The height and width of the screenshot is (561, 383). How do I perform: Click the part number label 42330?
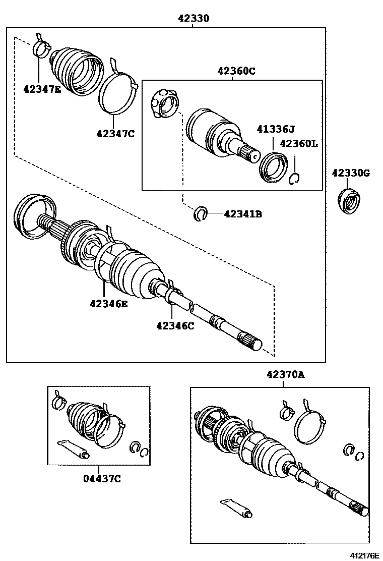point(193,18)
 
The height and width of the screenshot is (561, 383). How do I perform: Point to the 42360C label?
point(236,71)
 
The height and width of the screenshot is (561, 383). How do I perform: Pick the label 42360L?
point(299,143)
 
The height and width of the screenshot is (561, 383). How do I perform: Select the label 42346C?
point(175,325)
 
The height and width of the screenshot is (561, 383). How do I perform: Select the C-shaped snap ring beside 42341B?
point(201,214)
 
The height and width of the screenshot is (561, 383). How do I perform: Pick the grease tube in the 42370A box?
point(237,508)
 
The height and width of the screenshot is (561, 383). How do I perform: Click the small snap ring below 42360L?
point(295,178)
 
